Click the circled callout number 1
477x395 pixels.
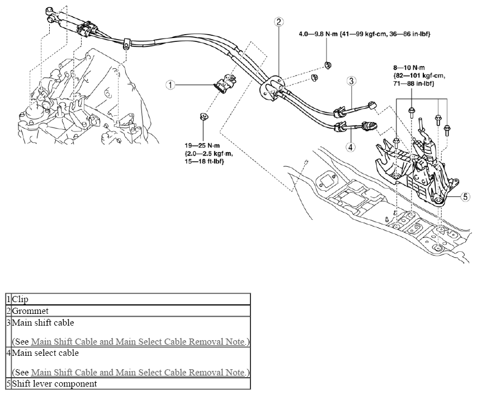[171, 84]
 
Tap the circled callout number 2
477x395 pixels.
[278, 22]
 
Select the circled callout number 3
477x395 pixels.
[351, 81]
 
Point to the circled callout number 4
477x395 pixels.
[351, 147]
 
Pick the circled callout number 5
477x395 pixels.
[465, 197]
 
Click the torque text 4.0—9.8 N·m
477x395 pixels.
[318, 34]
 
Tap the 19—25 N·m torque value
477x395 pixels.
[202, 146]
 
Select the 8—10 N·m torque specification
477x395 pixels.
[409, 68]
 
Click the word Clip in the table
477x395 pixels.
[20, 299]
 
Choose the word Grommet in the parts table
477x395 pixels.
[30, 311]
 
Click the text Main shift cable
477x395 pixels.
[43, 323]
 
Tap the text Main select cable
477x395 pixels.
[45, 353]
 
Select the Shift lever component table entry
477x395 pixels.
[54, 384]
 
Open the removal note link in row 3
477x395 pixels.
[138, 342]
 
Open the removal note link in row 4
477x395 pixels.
[138, 372]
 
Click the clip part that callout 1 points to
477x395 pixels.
[226, 83]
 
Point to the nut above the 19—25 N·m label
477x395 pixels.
[203, 116]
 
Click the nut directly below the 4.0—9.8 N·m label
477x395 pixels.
[328, 64]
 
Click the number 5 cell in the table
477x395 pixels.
[9, 383]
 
